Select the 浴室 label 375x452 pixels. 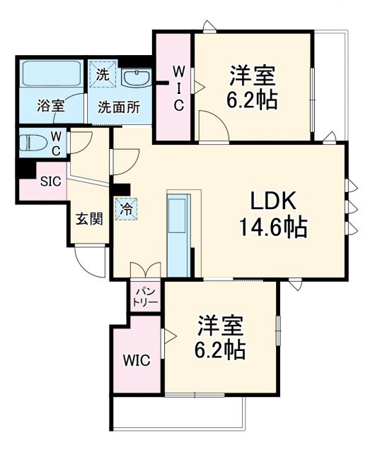51,107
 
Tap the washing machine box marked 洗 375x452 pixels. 103,73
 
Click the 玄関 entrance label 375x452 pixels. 89,218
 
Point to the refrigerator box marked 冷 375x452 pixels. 125,209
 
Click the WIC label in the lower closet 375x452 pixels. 137,361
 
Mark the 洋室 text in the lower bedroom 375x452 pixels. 220,326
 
